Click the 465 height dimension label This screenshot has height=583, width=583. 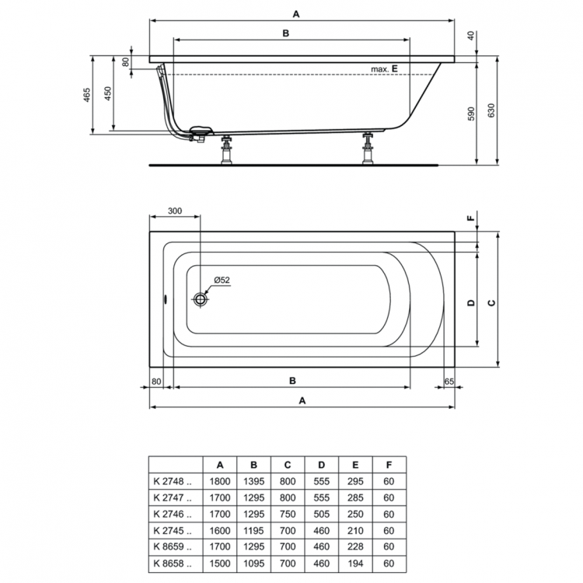[x=87, y=94]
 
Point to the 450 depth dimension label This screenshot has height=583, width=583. [x=109, y=94]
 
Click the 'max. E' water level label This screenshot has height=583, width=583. [x=384, y=69]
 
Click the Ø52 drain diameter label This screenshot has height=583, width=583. [x=222, y=280]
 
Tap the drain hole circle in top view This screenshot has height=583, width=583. [x=201, y=298]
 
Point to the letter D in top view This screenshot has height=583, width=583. [x=470, y=302]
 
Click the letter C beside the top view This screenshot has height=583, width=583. [x=490, y=302]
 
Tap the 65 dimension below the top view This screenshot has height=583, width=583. [x=449, y=381]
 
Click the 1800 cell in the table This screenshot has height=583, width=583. [x=221, y=481]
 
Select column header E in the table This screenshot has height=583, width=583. [x=355, y=464]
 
